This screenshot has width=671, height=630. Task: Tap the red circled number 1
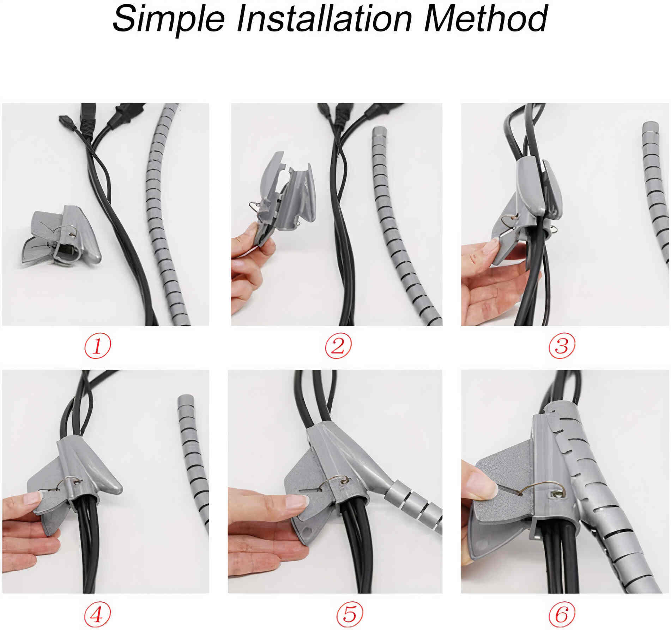click(97, 346)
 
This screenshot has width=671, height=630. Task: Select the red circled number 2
click(338, 346)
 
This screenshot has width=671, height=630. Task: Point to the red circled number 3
click(562, 346)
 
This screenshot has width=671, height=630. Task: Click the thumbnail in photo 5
click(297, 501)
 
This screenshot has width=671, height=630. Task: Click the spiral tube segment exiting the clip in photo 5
click(413, 503)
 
